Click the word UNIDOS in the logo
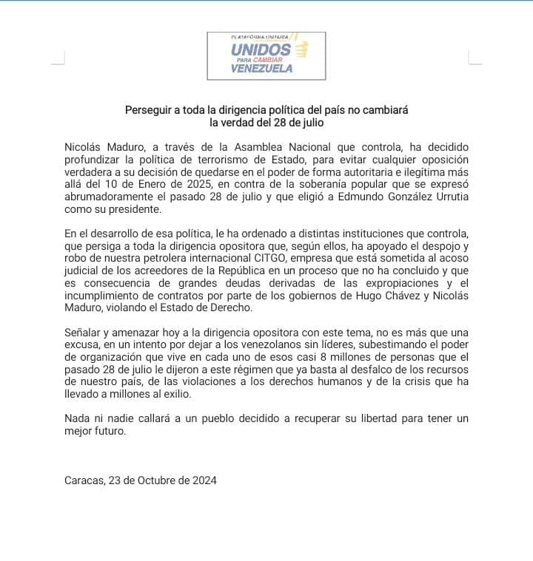261,48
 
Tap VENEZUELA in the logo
261,69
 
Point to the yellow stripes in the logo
300,49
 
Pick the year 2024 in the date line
204,480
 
